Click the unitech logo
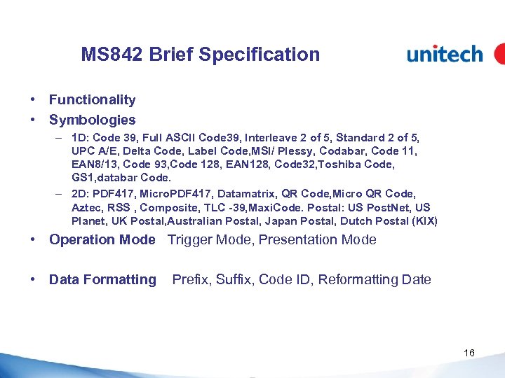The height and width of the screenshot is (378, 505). point(445,54)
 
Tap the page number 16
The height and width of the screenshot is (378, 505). point(469,353)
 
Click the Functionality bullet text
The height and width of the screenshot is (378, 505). point(92,100)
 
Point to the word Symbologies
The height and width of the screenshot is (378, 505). point(92,120)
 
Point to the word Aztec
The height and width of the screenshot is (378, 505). point(86,208)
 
